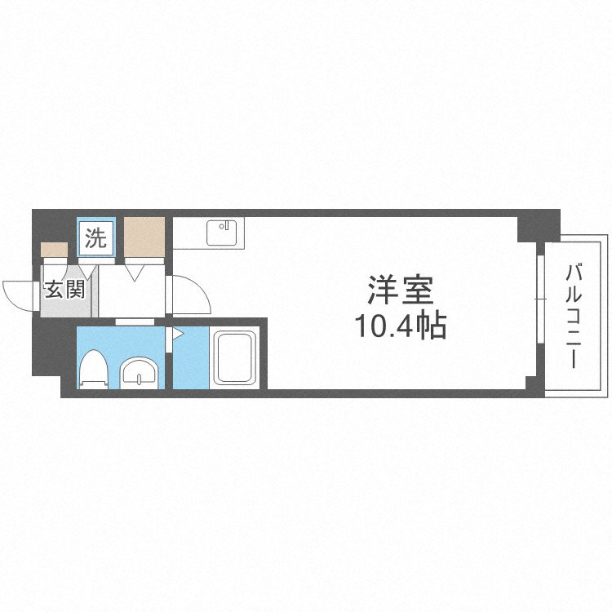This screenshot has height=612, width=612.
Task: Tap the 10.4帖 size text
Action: (x=400, y=326)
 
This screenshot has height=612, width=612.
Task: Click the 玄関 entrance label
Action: (x=64, y=290)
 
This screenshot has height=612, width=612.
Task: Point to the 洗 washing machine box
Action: (x=96, y=239)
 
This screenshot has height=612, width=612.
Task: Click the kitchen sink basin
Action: (x=221, y=233)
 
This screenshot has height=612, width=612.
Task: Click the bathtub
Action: (x=234, y=359)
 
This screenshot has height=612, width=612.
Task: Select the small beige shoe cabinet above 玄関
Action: (x=55, y=251)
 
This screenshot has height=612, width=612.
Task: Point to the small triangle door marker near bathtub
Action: (x=178, y=333)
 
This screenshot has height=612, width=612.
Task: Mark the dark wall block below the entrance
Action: (x=47, y=351)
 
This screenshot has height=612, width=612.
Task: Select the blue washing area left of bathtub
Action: (x=190, y=359)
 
